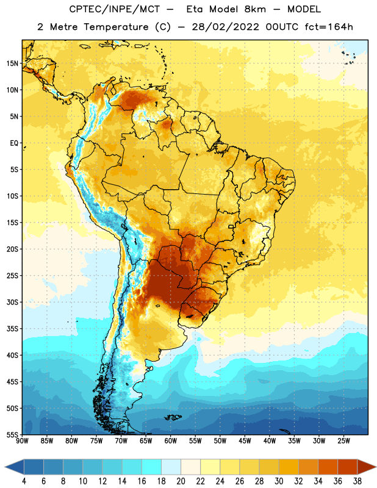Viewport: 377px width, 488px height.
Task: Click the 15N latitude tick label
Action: pos(12,63)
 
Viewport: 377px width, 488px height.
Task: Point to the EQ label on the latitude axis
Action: pos(14,143)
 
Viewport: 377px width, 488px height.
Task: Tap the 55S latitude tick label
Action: pos(12,434)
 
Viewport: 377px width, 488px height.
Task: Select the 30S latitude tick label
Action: pos(12,302)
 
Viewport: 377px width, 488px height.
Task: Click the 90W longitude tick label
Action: pos(22,441)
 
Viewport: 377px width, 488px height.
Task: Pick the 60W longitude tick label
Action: pos(171,441)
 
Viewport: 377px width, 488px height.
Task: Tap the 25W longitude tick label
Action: pos(343,441)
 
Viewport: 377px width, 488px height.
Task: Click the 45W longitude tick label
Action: pos(245,441)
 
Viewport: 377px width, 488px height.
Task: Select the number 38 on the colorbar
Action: pos(357,481)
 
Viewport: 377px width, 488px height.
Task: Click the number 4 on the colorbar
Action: pos(24,481)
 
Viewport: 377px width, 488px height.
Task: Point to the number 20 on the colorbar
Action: pos(181,481)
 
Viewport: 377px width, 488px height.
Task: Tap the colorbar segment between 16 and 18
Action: pos(152,467)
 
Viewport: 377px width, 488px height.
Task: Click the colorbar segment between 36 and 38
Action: pos(348,467)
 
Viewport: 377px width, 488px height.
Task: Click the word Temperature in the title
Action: pos(116,27)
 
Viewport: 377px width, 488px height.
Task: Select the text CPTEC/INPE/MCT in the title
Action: pos(114,9)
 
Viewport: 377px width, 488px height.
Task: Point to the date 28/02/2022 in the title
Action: pos(225,27)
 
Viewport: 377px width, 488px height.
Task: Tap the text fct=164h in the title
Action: pos(329,27)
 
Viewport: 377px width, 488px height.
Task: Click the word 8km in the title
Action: pos(255,9)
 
